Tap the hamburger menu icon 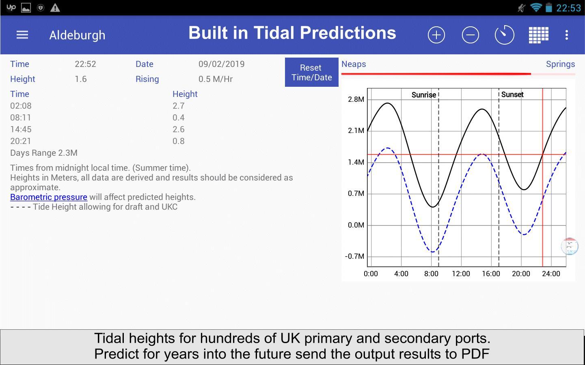pos(22,35)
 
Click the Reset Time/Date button pos(311,72)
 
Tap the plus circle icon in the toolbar pos(436,35)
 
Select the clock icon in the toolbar pos(504,35)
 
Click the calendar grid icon pos(538,35)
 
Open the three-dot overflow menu pos(566,35)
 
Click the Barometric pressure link pos(49,197)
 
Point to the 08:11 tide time pos(21,117)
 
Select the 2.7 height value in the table pos(178,106)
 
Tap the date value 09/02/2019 pos(222,64)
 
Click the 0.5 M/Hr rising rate pos(216,79)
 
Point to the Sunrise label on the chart pos(423,95)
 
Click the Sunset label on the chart pos(512,94)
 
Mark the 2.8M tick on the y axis pos(356,99)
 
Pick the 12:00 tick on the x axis pos(461,274)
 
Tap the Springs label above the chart pos(561,64)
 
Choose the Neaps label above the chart pos(354,64)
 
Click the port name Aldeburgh pos(77,35)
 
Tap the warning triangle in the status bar pos(55,8)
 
